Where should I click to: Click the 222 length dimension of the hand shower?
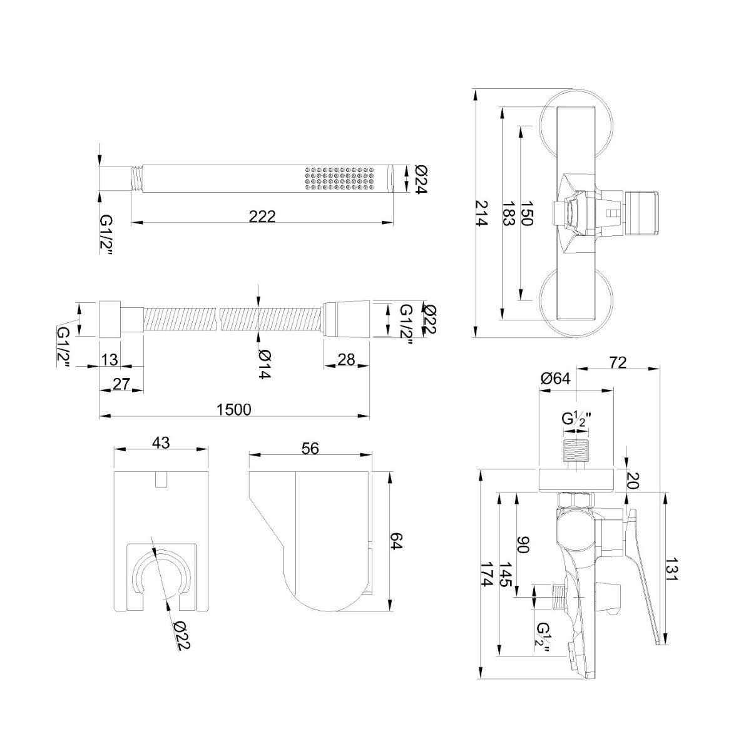[x=262, y=217]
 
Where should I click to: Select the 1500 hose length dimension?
[x=234, y=409]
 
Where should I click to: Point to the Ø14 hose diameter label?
[x=264, y=364]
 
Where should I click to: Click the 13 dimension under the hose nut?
[x=110, y=359]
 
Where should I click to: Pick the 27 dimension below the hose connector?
[x=121, y=384]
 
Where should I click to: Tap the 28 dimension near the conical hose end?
[x=346, y=359]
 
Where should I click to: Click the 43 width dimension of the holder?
[x=161, y=442]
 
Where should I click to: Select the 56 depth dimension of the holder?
[x=310, y=449]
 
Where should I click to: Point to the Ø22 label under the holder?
[x=182, y=635]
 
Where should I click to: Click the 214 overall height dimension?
[x=482, y=213]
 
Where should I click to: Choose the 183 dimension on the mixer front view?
[x=509, y=213]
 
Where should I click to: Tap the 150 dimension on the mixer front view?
[x=527, y=213]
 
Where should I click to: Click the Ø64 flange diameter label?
[x=556, y=379]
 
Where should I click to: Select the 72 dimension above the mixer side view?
[x=618, y=362]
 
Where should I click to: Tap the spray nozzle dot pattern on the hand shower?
[x=340, y=179]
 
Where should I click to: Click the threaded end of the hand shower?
[x=136, y=179]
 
